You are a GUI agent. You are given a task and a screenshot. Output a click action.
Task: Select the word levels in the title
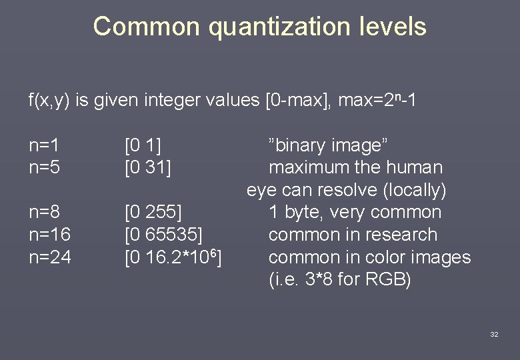[x=393, y=27]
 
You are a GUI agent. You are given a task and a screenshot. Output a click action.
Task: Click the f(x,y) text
[x=49, y=101]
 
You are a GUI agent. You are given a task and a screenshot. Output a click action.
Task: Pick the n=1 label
[x=45, y=145]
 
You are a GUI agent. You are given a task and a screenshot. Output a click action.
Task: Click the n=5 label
[x=45, y=167]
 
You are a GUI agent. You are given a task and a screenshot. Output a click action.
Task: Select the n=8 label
[x=45, y=212]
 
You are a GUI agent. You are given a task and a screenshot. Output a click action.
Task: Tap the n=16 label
[x=50, y=235]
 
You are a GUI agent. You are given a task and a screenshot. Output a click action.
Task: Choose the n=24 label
[x=50, y=257]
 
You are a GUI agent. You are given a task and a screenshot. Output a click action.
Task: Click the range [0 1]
[x=143, y=145]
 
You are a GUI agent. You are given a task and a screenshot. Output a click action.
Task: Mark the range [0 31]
[x=148, y=167]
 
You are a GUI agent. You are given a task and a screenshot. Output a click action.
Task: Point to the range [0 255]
[x=153, y=212]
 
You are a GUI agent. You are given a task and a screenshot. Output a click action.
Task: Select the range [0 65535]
[x=164, y=235]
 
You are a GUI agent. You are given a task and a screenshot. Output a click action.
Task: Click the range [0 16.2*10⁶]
[x=174, y=257]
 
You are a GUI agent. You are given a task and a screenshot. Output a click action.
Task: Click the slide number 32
[x=494, y=334]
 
